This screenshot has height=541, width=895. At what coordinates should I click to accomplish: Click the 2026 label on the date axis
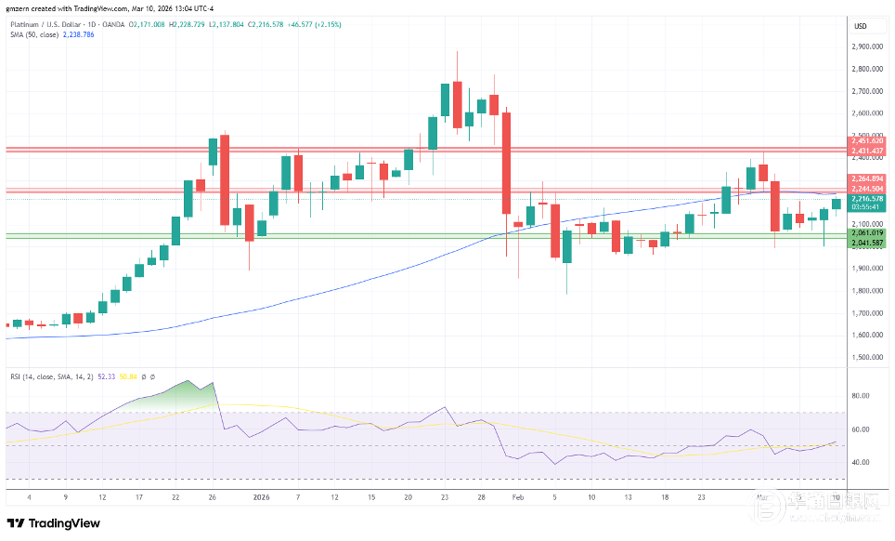click(x=261, y=496)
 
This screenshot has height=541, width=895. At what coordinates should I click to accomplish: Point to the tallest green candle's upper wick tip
click(x=457, y=52)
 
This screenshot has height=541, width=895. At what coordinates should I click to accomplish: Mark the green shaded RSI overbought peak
click(x=212, y=383)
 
